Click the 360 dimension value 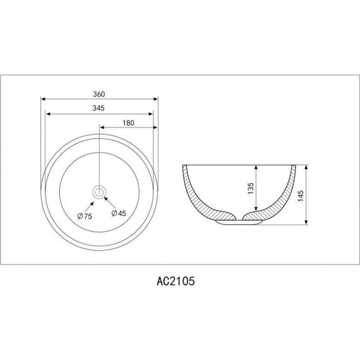pyautogui.click(x=99, y=94)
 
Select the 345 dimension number pyautogui.click(x=99, y=108)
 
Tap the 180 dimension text pyautogui.click(x=128, y=123)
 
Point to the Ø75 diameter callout pyautogui.click(x=85, y=216)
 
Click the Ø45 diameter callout pyautogui.click(x=119, y=213)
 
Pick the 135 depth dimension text pyautogui.click(x=251, y=188)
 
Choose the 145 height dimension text pyautogui.click(x=300, y=196)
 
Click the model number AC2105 pyautogui.click(x=176, y=281)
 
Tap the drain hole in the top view pyautogui.click(x=99, y=192)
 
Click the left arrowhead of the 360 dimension pyautogui.click(x=43, y=99)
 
